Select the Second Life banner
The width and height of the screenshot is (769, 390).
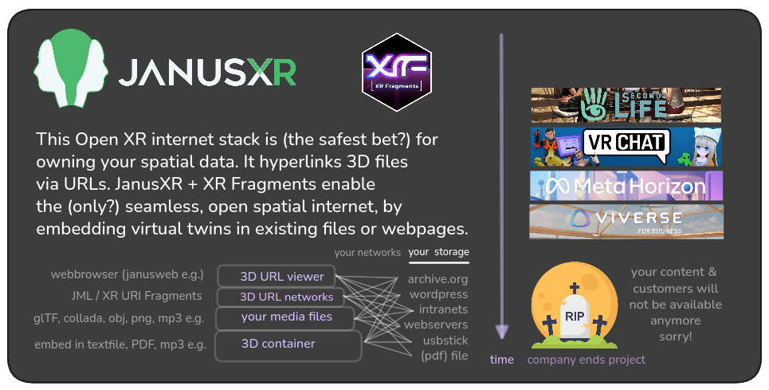tap(626, 104)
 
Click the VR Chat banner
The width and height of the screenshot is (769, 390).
tap(626, 146)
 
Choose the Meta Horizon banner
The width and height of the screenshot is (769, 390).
tap(626, 186)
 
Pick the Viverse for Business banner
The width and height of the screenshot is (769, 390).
tap(626, 221)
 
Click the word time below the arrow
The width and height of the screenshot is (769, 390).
tap(502, 360)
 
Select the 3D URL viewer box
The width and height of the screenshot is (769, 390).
tap(282, 277)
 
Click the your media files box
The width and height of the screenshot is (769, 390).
tap(286, 317)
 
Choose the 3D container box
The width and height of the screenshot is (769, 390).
tap(278, 345)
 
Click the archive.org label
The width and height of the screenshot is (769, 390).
tap(437, 279)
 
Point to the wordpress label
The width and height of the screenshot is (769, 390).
tap(437, 294)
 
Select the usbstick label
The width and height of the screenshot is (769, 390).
tap(443, 340)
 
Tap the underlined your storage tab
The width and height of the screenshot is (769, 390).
tap(438, 253)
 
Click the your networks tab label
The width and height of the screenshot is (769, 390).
tap(367, 253)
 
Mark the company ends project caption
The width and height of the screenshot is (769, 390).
tap(586, 360)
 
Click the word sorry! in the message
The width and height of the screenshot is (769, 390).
tap(675, 337)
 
